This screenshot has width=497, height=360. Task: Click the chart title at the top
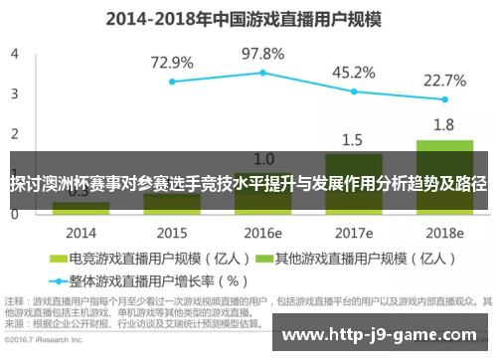click(248, 18)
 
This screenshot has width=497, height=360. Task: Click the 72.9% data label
click(172, 62)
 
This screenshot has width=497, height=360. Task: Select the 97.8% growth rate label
click(262, 53)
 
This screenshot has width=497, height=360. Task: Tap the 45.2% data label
click(353, 72)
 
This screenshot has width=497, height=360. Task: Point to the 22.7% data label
click(444, 80)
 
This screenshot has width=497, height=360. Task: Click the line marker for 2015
click(172, 82)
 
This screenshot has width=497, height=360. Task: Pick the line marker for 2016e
click(262, 73)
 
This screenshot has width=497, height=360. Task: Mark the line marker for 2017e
click(353, 91)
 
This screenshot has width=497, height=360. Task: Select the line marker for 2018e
click(444, 99)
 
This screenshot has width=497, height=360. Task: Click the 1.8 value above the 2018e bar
click(444, 124)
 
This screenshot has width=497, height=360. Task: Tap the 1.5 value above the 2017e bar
click(353, 139)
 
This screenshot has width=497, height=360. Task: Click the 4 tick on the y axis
click(15, 53)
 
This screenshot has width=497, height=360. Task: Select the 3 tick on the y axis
click(15, 93)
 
